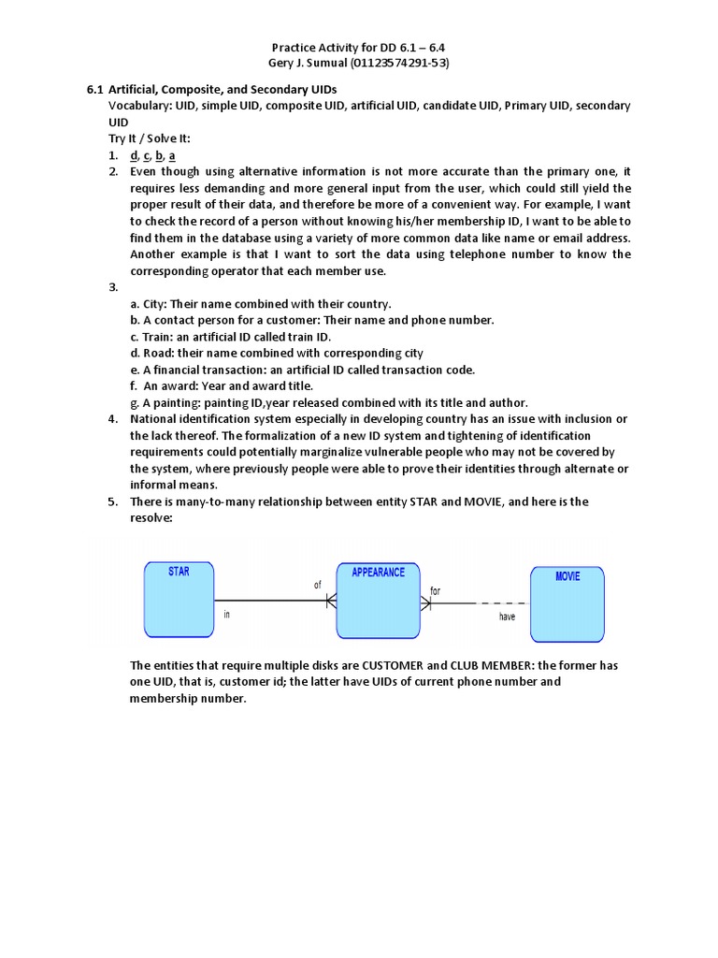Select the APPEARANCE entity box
378,600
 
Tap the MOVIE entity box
567,604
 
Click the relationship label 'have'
507,617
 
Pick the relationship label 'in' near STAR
227,615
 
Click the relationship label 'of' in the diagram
318,584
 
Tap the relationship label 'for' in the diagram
435,590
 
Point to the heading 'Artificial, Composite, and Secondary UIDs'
223,89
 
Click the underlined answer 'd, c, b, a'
153,155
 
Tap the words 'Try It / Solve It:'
149,138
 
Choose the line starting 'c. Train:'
231,337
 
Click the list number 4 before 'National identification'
111,418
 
